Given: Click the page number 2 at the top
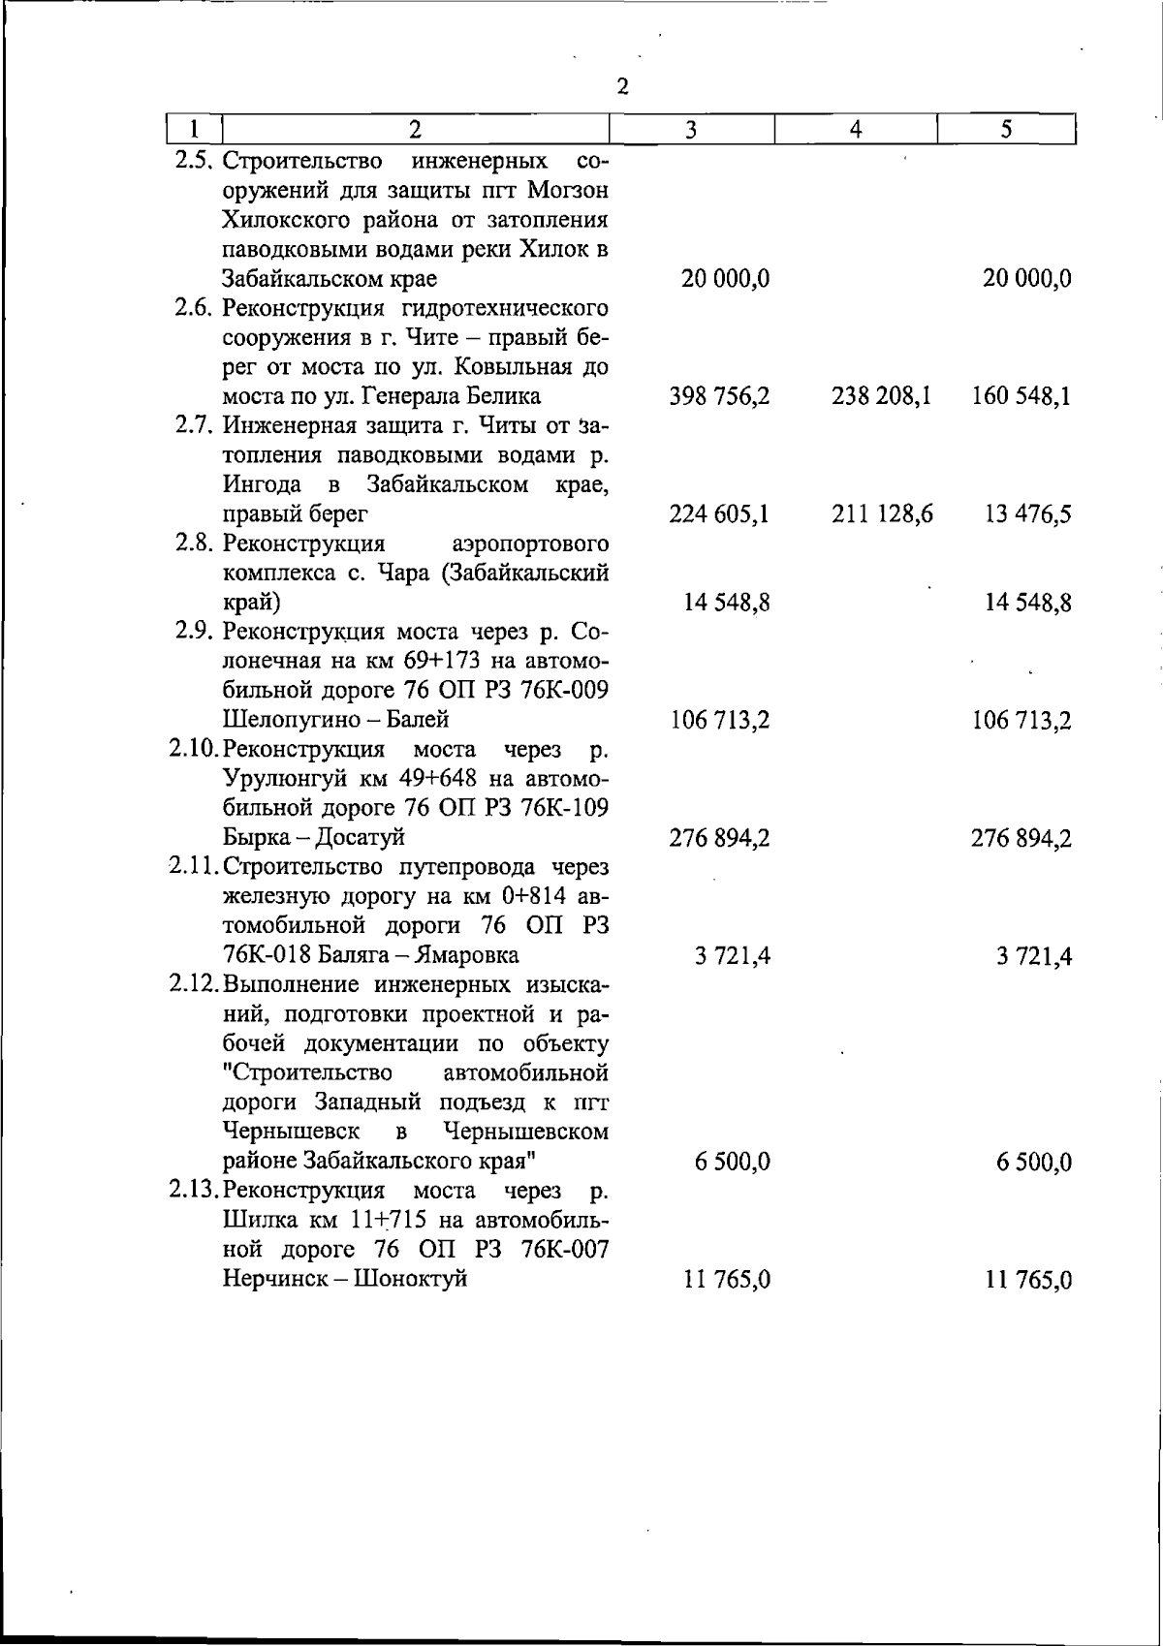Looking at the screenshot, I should [x=623, y=86].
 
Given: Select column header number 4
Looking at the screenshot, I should [x=856, y=130].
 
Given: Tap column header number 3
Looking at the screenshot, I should [x=691, y=130].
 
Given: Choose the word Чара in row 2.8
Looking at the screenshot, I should [x=402, y=573].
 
